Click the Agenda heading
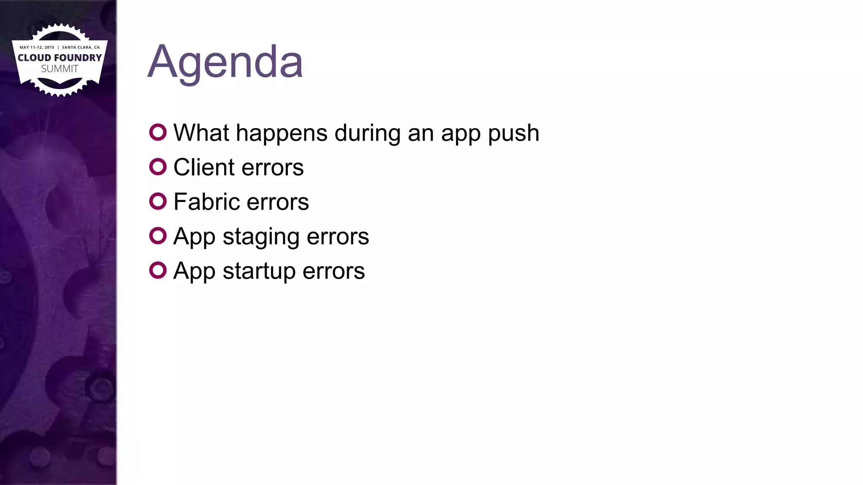[x=225, y=62]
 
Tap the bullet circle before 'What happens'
[x=158, y=132]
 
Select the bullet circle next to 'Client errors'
[x=158, y=167]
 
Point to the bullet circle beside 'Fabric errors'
[x=158, y=201]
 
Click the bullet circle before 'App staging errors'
[x=158, y=236]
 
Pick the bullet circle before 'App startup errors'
[x=158, y=270]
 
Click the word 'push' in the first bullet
[x=513, y=134]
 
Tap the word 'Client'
[x=204, y=167]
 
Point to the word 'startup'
[x=259, y=272]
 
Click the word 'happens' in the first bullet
[x=281, y=134]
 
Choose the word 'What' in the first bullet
[x=201, y=133]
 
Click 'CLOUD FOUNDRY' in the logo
[x=60, y=58]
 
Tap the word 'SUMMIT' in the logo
[x=60, y=69]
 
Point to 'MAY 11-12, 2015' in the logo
[x=37, y=47]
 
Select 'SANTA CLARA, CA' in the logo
[x=81, y=47]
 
